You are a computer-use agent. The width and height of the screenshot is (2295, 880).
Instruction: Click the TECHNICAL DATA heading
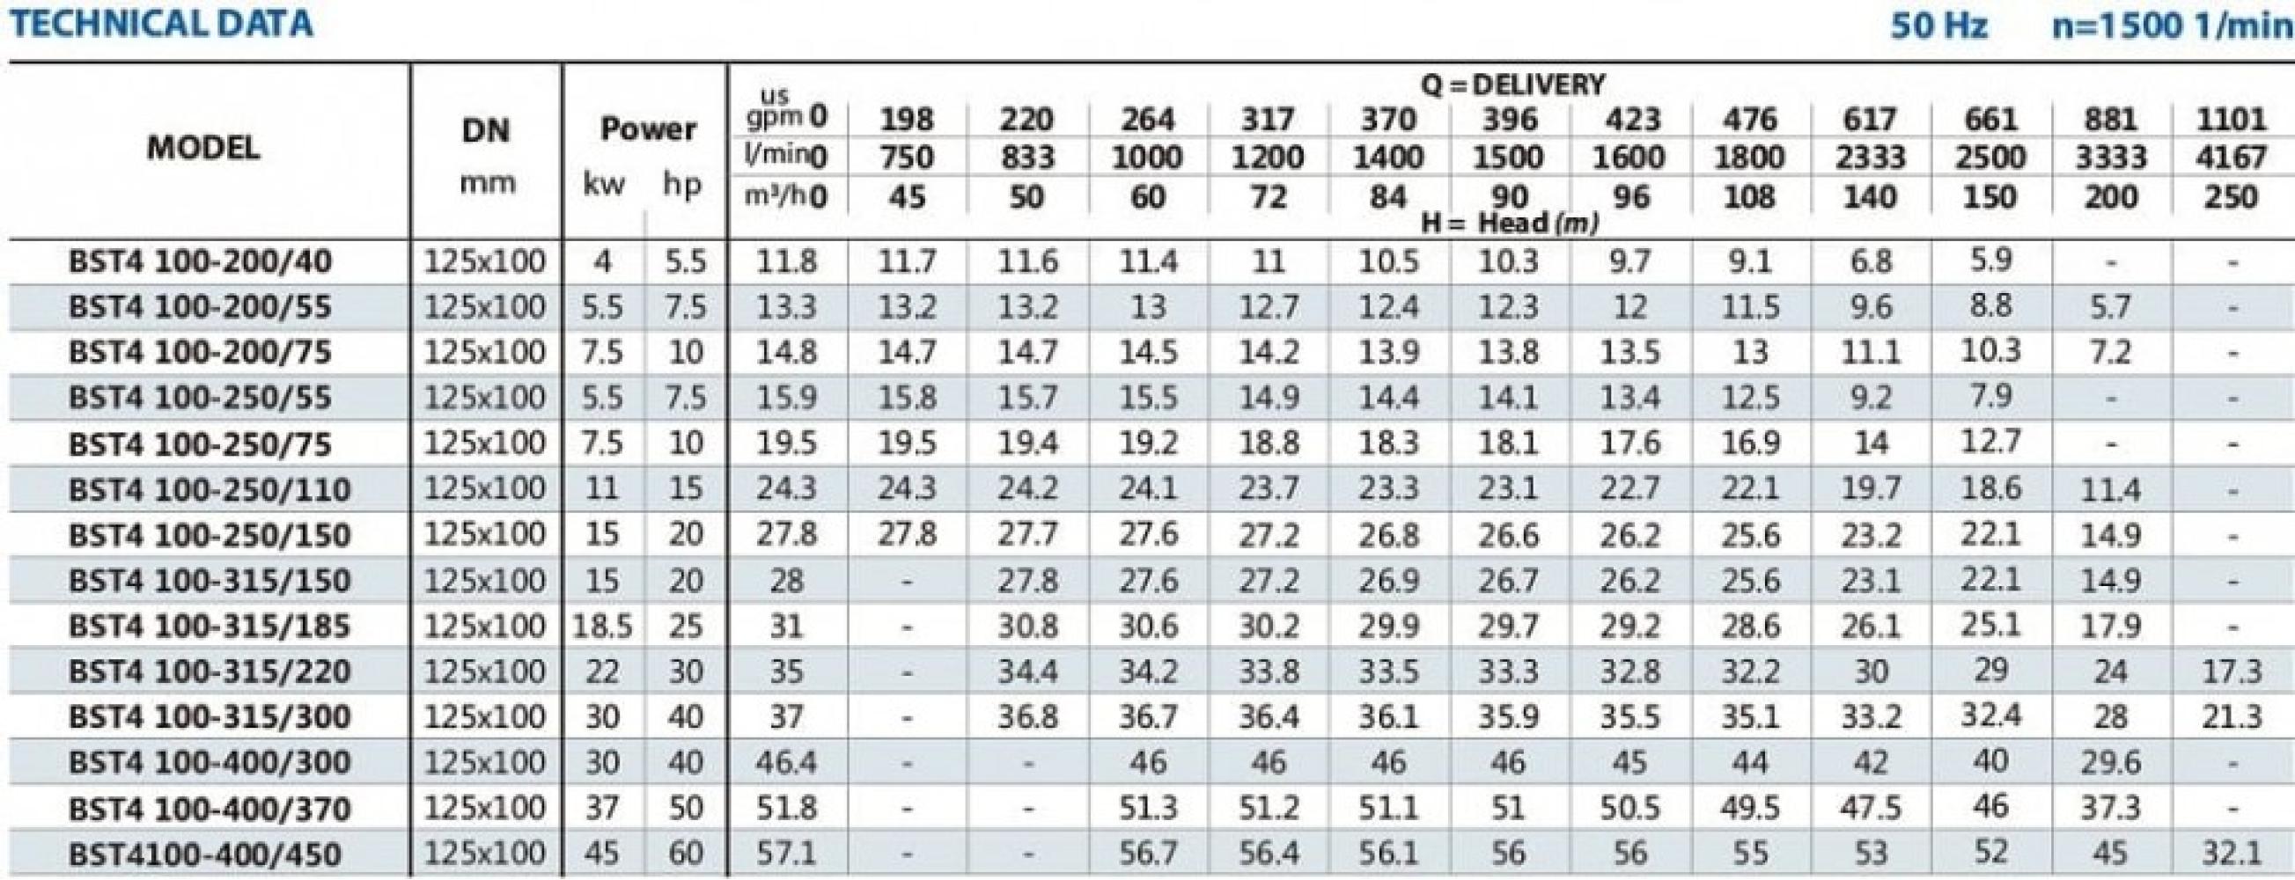[160, 24]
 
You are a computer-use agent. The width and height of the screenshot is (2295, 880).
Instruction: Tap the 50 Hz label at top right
[1938, 26]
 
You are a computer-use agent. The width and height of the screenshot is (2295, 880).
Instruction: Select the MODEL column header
[203, 148]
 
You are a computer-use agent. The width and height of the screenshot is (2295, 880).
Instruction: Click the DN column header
[487, 131]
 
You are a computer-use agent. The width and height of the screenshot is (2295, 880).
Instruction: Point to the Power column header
[647, 129]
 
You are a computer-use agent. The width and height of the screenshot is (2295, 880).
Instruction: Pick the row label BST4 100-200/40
[201, 262]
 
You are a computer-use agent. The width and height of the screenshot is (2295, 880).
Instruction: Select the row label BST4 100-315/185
[210, 627]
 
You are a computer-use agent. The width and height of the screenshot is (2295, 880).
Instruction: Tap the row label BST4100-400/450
[205, 854]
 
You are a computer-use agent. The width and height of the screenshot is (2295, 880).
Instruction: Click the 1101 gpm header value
[2231, 120]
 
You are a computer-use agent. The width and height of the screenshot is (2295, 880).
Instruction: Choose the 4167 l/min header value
[2231, 158]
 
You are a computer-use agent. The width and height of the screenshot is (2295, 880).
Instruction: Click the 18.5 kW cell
[602, 627]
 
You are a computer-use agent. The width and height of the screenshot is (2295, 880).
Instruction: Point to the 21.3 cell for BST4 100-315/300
[2231, 717]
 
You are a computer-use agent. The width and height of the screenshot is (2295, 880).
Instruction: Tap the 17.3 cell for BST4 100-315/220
[2231, 671]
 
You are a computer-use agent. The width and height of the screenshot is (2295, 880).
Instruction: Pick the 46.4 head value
[786, 762]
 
